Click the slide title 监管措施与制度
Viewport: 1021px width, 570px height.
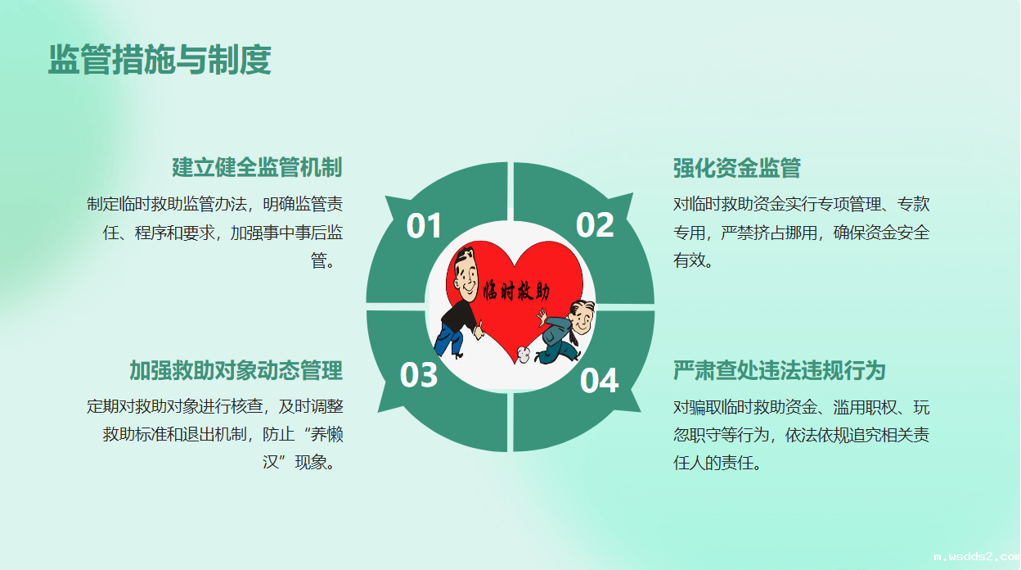[160, 59]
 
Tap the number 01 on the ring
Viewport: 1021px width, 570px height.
[424, 225]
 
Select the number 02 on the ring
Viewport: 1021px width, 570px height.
[595, 224]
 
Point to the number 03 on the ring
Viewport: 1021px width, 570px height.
[418, 374]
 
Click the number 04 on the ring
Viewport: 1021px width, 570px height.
[599, 380]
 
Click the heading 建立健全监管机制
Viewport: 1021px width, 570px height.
[257, 167]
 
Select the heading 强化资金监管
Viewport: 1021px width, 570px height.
[737, 168]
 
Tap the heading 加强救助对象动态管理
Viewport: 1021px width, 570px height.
[236, 370]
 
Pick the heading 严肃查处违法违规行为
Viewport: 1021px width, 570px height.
[780, 370]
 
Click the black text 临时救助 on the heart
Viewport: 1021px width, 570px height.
[516, 291]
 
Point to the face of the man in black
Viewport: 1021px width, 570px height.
[466, 273]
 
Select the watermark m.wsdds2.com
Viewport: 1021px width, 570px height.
[976, 556]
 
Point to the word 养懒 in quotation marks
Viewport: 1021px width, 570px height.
[326, 434]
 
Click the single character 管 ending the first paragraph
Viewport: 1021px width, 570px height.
[318, 260]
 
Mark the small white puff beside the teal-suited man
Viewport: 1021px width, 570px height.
[524, 354]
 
